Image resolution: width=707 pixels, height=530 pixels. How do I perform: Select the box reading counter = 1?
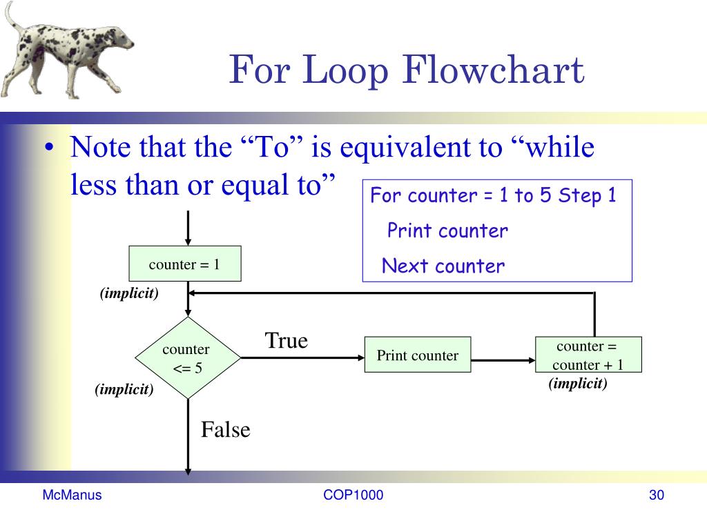[x=185, y=264]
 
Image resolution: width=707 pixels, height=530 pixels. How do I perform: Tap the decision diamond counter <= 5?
[x=186, y=358]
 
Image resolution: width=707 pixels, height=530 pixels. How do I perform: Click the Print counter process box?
[x=418, y=355]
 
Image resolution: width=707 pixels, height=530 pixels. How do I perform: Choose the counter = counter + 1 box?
[x=588, y=355]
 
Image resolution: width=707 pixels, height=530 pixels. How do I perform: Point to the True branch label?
[x=287, y=340]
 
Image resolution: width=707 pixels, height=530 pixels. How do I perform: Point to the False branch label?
[x=225, y=430]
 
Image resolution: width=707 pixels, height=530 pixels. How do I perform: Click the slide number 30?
[x=656, y=495]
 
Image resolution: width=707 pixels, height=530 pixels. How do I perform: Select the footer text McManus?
[x=72, y=495]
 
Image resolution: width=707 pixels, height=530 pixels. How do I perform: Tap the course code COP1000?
[x=353, y=495]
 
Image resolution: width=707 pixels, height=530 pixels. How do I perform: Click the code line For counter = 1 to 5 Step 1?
[x=493, y=196]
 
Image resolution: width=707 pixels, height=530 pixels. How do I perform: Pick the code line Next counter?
[x=443, y=266]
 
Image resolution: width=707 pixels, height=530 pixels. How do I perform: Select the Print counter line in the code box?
[x=447, y=230]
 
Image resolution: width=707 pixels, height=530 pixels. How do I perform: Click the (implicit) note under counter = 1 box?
[x=129, y=294]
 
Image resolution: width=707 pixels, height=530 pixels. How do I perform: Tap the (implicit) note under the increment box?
[x=578, y=384]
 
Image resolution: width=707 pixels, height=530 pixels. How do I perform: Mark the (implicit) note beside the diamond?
[x=124, y=390]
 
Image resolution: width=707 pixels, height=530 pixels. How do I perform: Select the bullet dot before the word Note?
[x=50, y=150]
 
